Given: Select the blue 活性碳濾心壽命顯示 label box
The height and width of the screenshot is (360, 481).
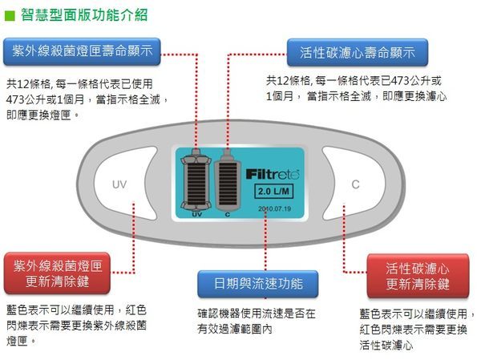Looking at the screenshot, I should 358,53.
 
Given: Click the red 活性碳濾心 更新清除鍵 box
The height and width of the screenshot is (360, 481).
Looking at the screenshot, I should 418,276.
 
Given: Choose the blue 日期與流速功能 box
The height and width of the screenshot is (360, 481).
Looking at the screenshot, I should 258,284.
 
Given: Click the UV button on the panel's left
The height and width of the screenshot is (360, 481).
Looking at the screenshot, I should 119,185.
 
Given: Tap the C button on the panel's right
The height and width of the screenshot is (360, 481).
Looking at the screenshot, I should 356,185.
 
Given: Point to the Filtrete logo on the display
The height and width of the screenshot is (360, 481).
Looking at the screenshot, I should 273,172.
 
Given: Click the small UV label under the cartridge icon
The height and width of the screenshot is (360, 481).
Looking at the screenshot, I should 196,214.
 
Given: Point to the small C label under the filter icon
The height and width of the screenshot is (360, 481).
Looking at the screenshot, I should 227,214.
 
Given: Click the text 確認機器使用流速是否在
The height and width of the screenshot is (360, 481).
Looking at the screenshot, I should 256,313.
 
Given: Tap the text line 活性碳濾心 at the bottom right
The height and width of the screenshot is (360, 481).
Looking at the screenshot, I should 386,346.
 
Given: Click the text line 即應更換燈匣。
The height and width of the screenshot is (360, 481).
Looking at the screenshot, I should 42,115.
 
